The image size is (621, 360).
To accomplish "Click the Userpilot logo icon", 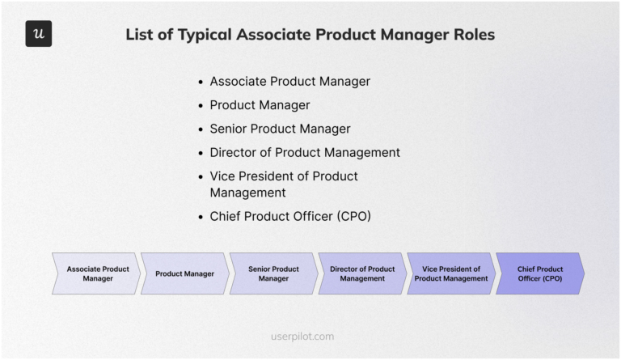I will [38, 34].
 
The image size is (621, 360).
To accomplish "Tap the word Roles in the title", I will [470, 35].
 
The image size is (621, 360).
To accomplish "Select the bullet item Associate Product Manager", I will [289, 82].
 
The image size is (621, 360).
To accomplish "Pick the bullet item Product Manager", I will [260, 105].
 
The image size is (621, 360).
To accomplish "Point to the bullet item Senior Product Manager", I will [280, 129].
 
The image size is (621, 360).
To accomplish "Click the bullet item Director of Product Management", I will [305, 152].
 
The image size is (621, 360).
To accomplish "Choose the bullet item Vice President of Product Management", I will [283, 184].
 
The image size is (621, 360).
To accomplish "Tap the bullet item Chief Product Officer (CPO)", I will [290, 217].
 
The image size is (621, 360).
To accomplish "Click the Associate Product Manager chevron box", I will [97, 273].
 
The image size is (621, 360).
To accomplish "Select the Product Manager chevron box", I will [185, 273].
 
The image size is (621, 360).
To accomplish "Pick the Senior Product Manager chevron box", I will [273, 273].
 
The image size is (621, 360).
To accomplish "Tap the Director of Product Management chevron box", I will [362, 273].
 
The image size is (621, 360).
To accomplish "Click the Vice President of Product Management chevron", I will [451, 273].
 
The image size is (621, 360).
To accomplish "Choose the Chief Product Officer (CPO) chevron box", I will [539, 273].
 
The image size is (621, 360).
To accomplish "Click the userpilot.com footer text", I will [302, 336].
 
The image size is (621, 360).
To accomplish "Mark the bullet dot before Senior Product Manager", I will [201, 129].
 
